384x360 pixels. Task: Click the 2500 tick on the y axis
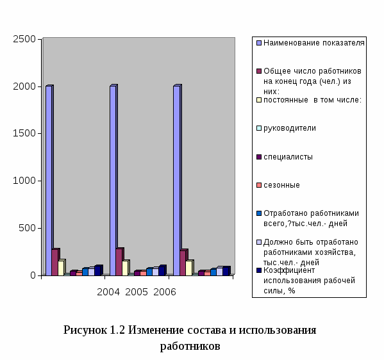[x=24, y=39]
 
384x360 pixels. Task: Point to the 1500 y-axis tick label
[x=24, y=133]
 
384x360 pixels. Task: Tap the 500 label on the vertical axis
[x=28, y=228]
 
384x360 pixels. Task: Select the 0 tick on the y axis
[x=33, y=275]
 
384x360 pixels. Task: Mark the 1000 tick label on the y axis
[x=24, y=181]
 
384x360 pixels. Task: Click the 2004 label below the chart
[x=108, y=292]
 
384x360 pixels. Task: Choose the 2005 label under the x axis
[x=137, y=292]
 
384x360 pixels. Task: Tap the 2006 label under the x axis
[x=165, y=292]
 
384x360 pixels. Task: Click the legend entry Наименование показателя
[x=310, y=43]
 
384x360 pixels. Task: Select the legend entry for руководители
[x=286, y=128]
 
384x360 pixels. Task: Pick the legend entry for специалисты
[x=285, y=157]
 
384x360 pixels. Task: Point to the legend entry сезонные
[x=278, y=185]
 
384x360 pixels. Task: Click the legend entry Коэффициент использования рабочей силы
[x=306, y=281]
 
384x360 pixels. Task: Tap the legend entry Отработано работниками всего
[x=308, y=218]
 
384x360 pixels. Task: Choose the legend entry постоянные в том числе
[x=309, y=100]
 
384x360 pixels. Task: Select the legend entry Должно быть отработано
[x=307, y=252]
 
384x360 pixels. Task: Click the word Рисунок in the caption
[x=85, y=330]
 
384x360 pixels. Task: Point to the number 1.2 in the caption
[x=117, y=330]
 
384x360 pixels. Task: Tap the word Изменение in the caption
[x=156, y=330]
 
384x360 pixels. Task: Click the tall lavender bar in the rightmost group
[x=177, y=181]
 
